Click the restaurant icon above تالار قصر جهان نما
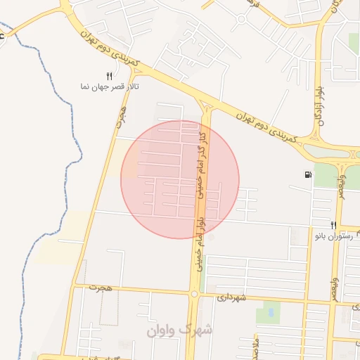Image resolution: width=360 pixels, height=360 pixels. (x=109, y=75)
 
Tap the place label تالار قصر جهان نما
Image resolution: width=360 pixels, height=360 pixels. (x=110, y=86)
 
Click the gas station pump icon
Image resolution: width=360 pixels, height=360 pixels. (x=308, y=175)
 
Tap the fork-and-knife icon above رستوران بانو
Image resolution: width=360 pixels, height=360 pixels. (x=334, y=225)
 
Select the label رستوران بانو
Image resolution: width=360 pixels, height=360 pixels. (x=335, y=237)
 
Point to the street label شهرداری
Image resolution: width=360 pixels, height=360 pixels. (x=232, y=298)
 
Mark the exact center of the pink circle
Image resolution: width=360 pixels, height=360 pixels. (x=180, y=179)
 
